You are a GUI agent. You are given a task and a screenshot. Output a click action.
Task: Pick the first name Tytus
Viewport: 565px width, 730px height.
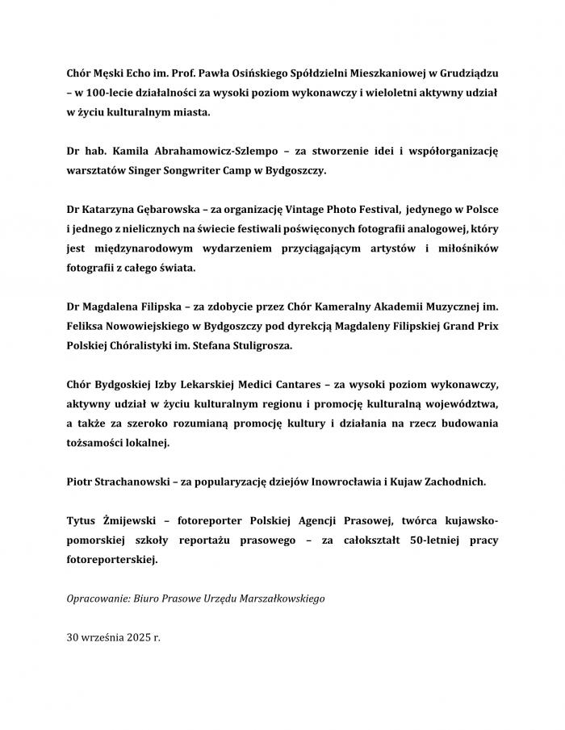coord(82,519)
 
